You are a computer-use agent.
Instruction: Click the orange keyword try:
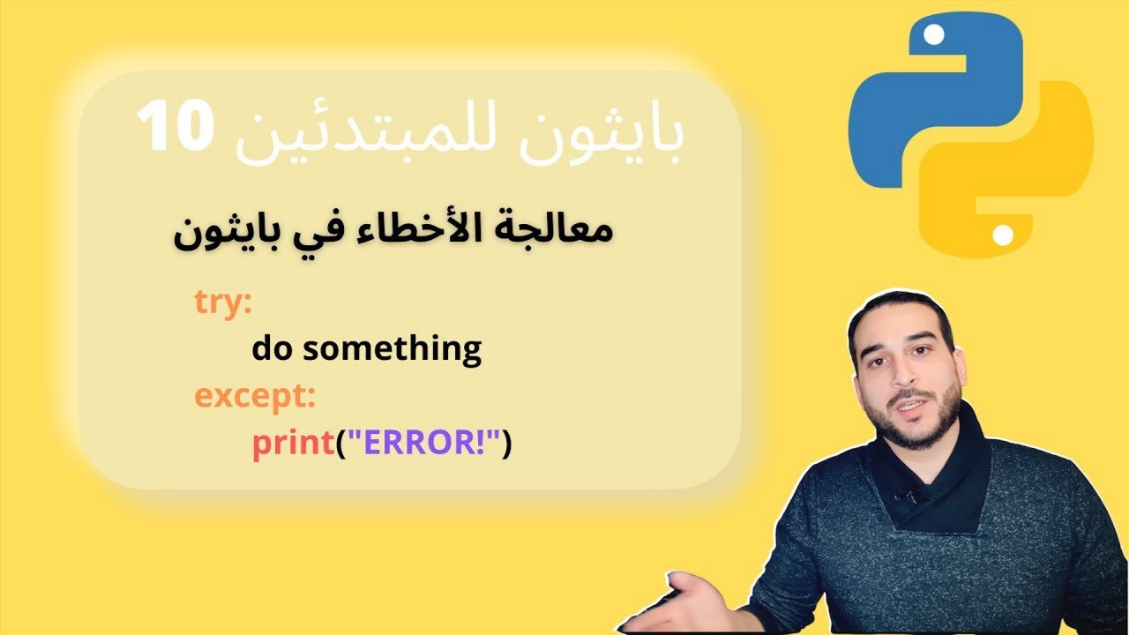[223, 303]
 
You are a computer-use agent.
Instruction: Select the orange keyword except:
[255, 397]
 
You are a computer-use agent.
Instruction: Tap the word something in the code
[392, 349]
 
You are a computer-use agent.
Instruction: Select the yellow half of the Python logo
[1014, 176]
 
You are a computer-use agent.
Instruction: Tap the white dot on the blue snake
[936, 36]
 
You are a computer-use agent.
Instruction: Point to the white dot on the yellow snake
[1004, 235]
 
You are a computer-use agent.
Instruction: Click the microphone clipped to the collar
[908, 496]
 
